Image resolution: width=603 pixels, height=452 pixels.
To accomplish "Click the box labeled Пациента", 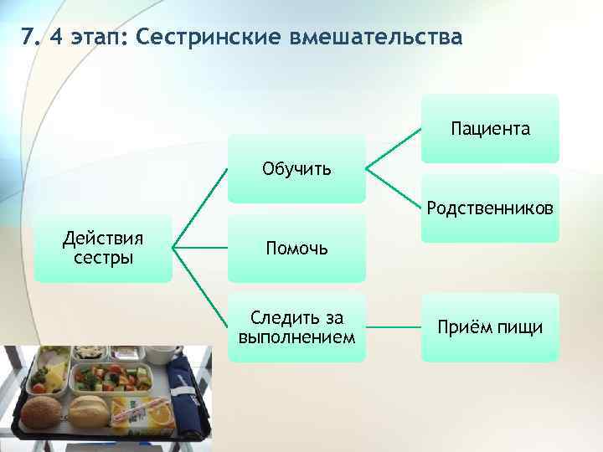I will (x=490, y=129).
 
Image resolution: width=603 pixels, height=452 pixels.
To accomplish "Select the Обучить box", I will (x=296, y=169).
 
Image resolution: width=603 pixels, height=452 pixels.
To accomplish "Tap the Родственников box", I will (x=490, y=208).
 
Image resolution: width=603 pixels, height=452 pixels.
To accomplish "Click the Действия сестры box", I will (x=103, y=248).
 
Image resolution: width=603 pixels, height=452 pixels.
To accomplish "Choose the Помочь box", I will (x=296, y=248).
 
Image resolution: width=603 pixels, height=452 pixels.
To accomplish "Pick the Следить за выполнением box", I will (x=296, y=327).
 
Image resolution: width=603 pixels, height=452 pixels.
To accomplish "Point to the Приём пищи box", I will (x=490, y=327).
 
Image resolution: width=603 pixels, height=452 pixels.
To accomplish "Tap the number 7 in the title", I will (x=28, y=39).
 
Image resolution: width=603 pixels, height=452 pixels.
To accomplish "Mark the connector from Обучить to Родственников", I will (x=393, y=187).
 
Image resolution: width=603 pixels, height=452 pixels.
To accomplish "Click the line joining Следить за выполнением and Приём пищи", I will (x=394, y=327).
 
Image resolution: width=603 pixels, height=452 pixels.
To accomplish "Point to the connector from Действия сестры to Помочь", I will (x=201, y=248).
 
